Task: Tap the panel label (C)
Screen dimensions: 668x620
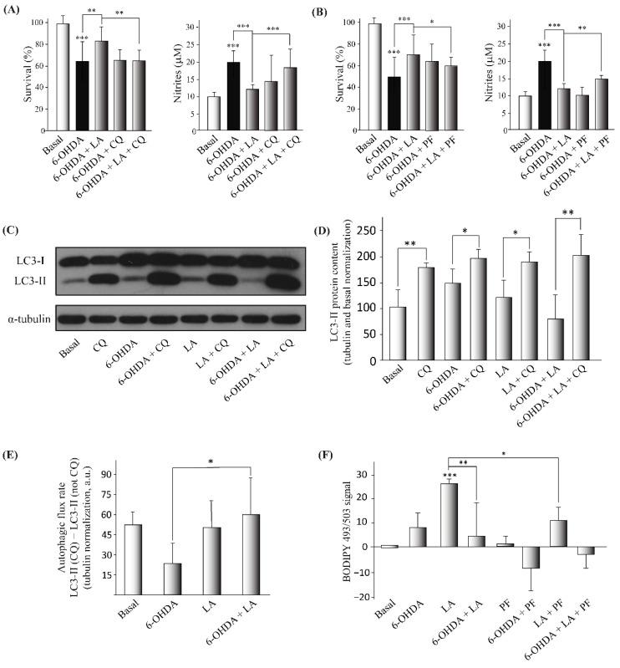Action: click(16, 225)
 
